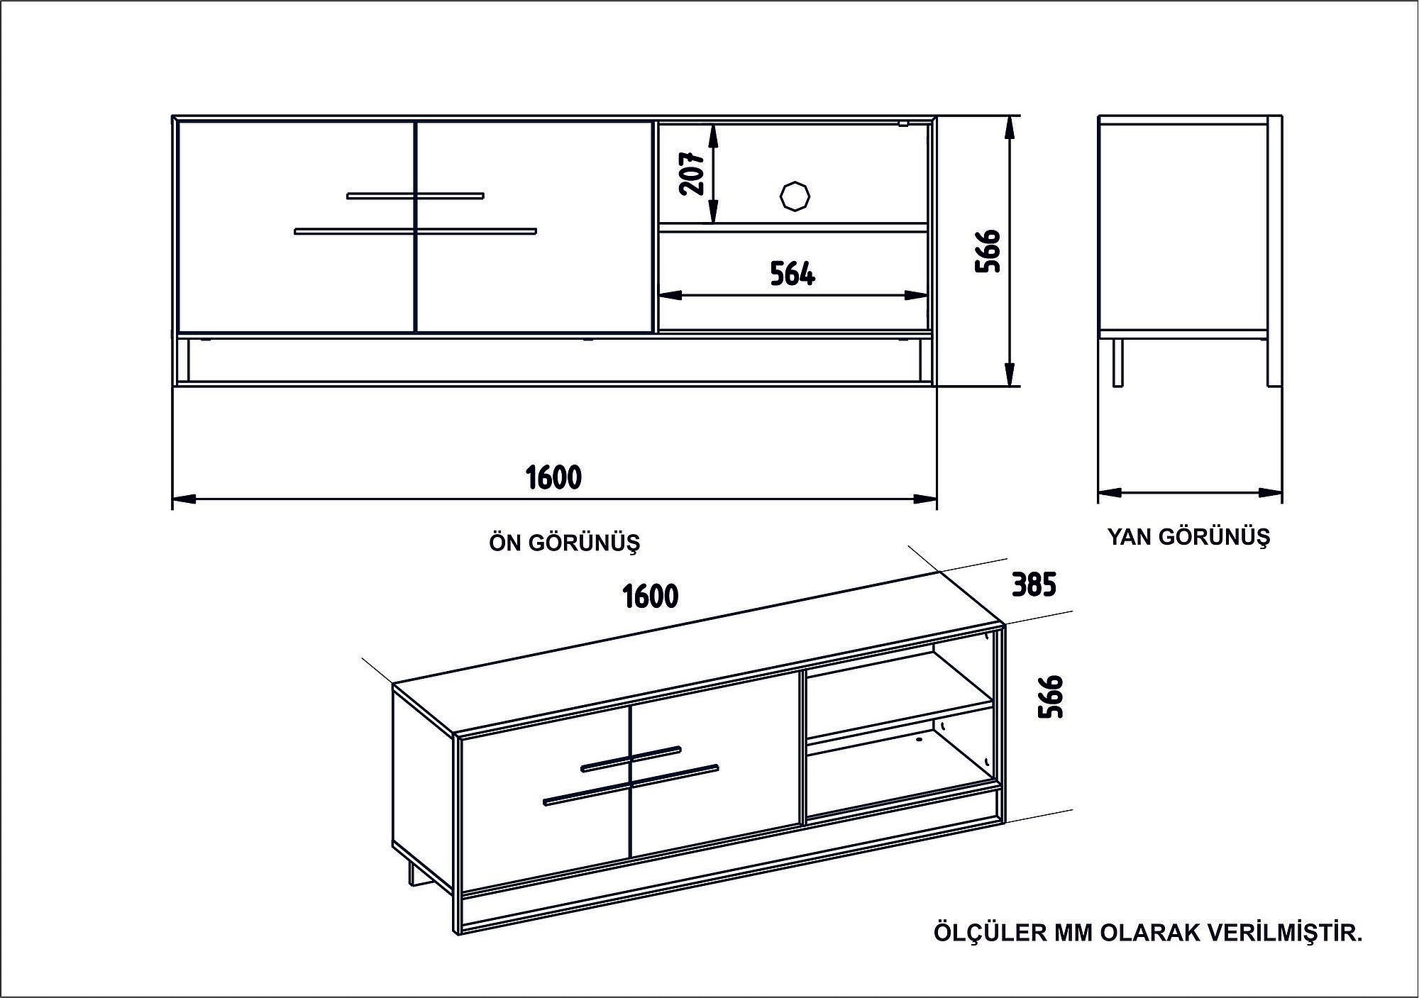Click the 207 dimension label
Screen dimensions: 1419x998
point(692,174)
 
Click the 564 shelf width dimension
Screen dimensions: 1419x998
point(793,274)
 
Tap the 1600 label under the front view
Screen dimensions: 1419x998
point(553,478)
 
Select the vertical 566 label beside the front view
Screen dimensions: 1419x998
point(988,251)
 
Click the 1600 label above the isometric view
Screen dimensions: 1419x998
point(651,597)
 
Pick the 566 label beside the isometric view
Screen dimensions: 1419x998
point(1051,696)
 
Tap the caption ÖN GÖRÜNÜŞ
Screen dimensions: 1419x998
point(564,543)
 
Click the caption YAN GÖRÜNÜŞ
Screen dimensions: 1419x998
point(1188,537)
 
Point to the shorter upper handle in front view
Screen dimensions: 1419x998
point(415,195)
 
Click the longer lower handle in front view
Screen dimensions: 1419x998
point(415,231)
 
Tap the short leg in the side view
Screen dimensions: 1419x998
point(1117,362)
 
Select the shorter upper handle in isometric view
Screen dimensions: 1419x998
point(631,758)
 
